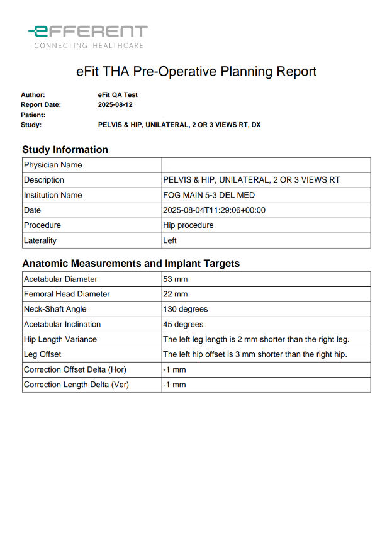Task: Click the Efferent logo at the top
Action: point(88,37)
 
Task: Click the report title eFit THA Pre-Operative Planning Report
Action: point(196,72)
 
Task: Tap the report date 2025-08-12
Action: point(115,105)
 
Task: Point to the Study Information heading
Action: point(65,150)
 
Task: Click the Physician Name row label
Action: point(53,165)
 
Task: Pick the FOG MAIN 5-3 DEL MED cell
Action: point(209,195)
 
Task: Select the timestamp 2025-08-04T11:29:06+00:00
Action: point(214,210)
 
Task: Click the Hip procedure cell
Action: point(188,225)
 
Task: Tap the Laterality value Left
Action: point(170,240)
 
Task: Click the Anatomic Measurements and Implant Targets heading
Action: point(131,264)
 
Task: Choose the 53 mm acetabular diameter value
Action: point(175,279)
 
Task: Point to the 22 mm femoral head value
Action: point(175,294)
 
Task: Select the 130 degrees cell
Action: point(185,309)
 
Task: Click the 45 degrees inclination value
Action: point(183,324)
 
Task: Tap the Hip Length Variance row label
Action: point(60,339)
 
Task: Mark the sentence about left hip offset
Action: point(255,354)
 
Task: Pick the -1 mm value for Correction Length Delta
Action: point(174,385)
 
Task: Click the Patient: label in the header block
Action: point(33,115)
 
